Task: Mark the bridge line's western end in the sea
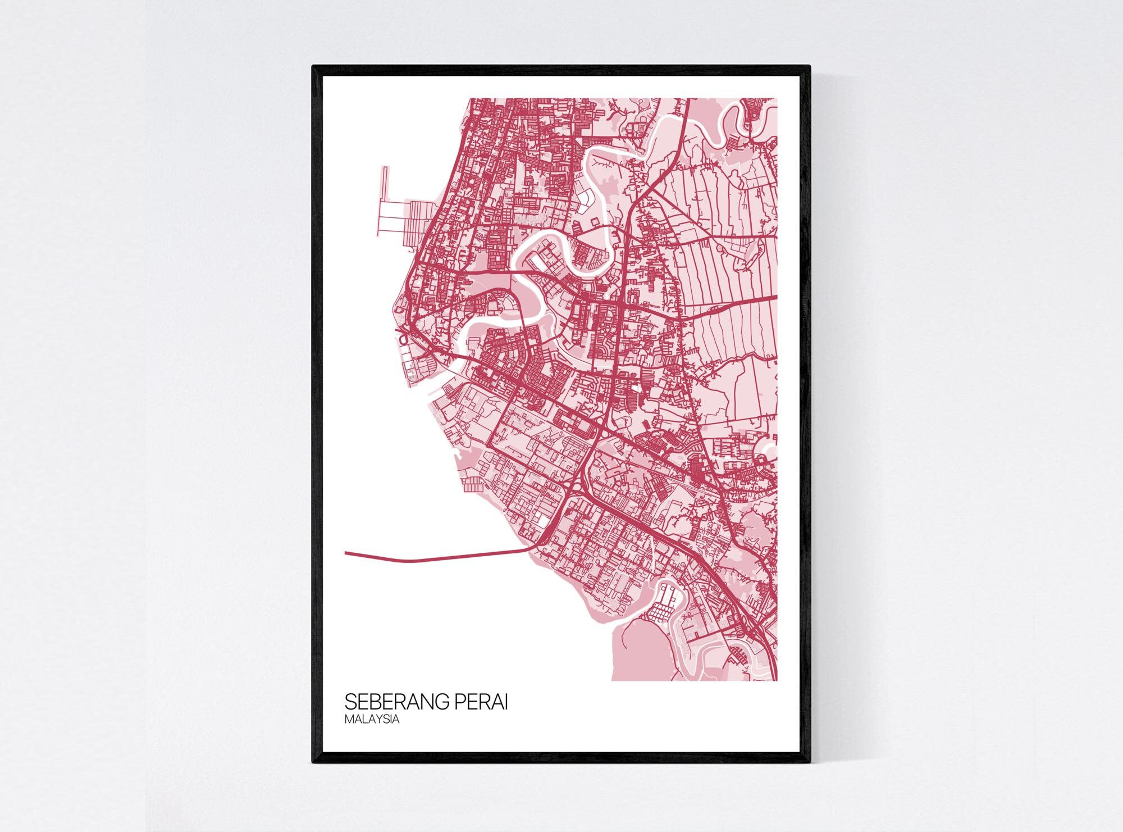point(346,553)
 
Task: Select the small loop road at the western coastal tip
point(403,339)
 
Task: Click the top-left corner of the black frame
point(313,67)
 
